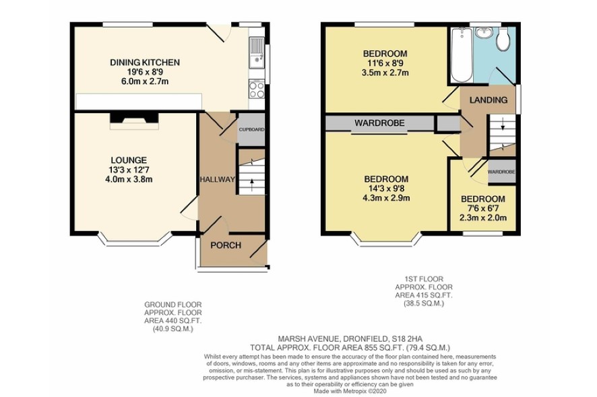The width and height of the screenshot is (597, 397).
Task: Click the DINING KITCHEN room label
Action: pos(145,63)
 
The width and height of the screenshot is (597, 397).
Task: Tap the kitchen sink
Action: pos(257,53)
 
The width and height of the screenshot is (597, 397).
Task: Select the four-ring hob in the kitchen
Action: pos(257,89)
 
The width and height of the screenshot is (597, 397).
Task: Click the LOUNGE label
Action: pos(129,160)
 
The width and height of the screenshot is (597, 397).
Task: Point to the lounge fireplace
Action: pos(134,120)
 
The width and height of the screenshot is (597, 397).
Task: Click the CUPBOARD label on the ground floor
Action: pos(251,130)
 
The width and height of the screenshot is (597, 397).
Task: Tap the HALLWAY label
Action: pos(218,180)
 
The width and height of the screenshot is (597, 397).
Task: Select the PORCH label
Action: pos(226,246)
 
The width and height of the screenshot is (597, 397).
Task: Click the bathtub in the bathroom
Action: pos(462,55)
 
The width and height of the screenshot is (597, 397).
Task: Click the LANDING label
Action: pos(489,100)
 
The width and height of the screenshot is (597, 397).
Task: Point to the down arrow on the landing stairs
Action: pos(503,124)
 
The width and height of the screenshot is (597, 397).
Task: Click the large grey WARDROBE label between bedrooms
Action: pos(379,123)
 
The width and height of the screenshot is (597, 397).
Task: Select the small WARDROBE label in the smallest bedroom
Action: pos(501,172)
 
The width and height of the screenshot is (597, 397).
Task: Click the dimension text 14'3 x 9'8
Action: pos(387,188)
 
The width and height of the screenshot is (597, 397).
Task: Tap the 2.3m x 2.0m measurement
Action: pos(483,218)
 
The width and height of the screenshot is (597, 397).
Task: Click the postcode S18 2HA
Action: pos(408,338)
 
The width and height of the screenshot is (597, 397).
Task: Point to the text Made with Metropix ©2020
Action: pos(350,391)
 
